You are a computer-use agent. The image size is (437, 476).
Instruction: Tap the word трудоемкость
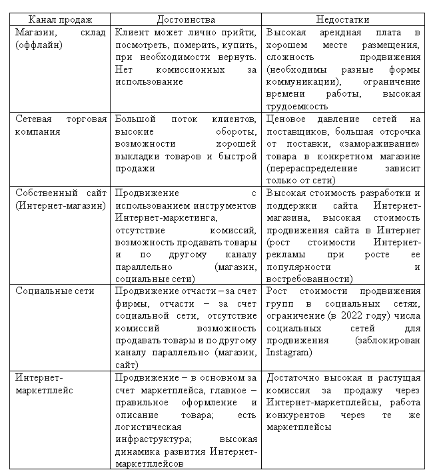tap(296, 106)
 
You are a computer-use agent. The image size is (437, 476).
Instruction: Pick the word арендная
tap(341, 32)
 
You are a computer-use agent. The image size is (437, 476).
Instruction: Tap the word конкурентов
tap(294, 415)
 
